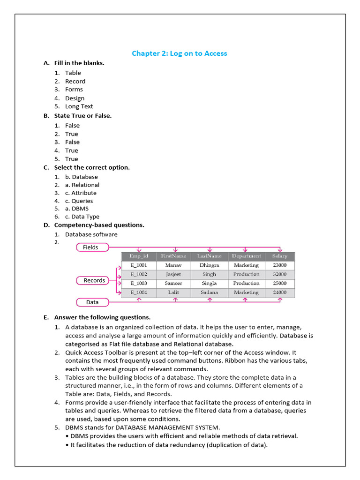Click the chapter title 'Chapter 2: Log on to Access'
click(180, 53)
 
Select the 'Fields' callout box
click(92, 247)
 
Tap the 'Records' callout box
click(94, 280)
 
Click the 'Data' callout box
click(92, 302)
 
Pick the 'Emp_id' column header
click(139, 256)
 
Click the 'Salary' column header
click(279, 256)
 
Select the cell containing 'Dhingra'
click(209, 265)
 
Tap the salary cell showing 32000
click(279, 274)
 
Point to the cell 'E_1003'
click(139, 284)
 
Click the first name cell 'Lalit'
click(173, 292)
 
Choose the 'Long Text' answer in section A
click(79, 106)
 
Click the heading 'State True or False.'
click(82, 116)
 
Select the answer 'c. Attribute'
click(81, 193)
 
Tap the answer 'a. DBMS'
click(76, 209)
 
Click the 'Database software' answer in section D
click(91, 234)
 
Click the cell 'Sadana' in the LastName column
click(209, 292)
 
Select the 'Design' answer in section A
click(75, 98)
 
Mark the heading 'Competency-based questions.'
click(99, 225)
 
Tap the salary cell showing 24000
click(279, 292)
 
